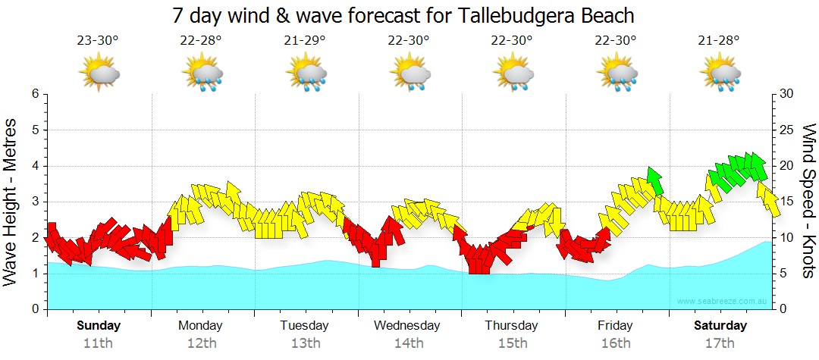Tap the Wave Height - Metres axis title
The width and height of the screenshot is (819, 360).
[x=11, y=202]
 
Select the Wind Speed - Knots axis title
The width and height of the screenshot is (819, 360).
[x=808, y=201]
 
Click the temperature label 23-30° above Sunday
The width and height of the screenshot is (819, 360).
[x=98, y=41]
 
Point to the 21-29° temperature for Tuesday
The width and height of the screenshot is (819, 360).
[x=306, y=41]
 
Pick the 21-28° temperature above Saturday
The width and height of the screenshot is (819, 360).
[x=719, y=41]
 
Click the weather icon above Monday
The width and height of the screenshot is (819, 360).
[x=202, y=74]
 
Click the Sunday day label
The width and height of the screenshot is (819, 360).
[x=98, y=326]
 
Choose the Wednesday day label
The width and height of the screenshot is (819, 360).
[x=407, y=326]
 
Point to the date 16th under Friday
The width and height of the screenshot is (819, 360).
[x=615, y=343]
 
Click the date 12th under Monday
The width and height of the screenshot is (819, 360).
[x=200, y=343]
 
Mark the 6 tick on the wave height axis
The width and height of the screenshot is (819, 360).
[x=35, y=94]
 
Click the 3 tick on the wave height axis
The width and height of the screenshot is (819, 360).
[x=35, y=202]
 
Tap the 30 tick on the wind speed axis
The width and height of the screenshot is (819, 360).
[x=787, y=94]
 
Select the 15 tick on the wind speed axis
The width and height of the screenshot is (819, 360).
[x=787, y=202]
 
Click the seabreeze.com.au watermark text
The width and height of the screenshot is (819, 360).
[x=723, y=301]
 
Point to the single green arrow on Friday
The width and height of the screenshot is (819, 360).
[x=654, y=180]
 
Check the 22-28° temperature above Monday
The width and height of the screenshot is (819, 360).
[x=202, y=41]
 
